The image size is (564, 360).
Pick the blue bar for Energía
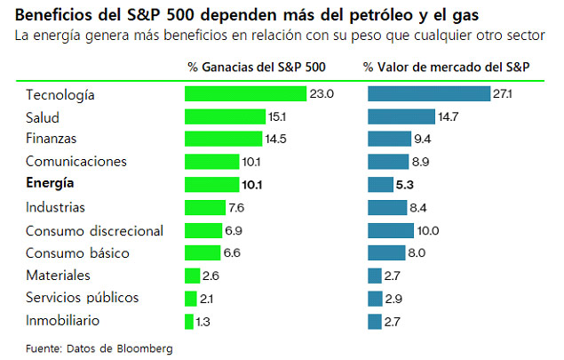(379, 184)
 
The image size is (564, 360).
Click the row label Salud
(44, 116)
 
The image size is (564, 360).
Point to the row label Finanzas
(52, 139)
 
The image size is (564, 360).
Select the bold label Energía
(51, 184)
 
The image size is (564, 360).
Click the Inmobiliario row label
(62, 320)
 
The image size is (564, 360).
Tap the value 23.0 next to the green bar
(322, 93)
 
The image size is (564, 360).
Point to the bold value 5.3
(405, 184)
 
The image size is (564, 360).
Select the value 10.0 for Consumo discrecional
(429, 230)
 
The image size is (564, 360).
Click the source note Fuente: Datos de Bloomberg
(99, 347)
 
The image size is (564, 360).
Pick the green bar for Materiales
(193, 275)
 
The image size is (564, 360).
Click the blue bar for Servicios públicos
(374, 297)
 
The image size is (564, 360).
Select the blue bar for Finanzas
(388, 139)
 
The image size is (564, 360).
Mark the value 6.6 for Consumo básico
(231, 252)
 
